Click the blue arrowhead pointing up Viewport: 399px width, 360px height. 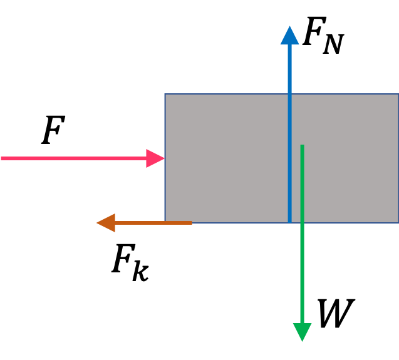289,36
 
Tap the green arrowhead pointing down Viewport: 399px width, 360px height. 302,331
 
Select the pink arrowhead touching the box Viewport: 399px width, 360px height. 155,158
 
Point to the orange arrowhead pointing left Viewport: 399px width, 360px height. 106,222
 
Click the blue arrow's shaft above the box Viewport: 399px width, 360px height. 289,69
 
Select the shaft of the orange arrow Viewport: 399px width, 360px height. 153,222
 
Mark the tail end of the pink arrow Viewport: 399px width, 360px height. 3,158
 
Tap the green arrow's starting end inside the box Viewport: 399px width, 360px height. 302,147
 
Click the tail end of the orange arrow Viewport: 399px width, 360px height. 190,222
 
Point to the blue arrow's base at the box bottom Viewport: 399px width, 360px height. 289,220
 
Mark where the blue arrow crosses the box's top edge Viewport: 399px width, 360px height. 289,95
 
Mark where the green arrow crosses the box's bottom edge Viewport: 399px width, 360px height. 302,222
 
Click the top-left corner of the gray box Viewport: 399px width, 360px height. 165,95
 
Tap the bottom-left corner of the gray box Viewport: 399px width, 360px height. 165,222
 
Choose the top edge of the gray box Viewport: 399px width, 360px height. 225,95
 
